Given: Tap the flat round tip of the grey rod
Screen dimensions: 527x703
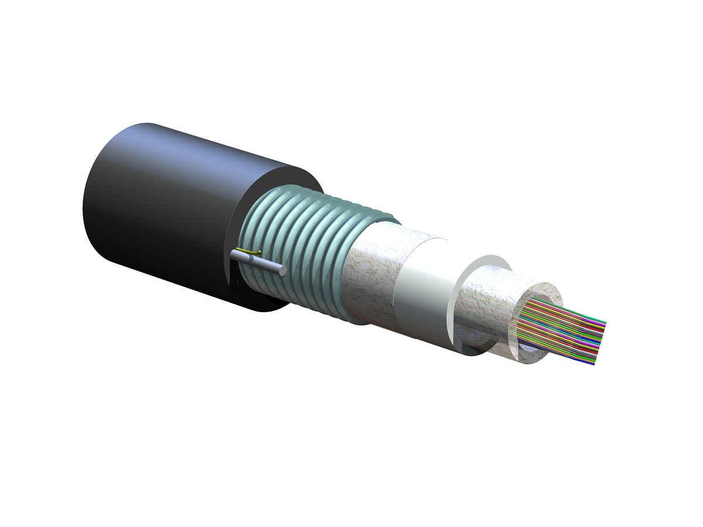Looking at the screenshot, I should point(282,271).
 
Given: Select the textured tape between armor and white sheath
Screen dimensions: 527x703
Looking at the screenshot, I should point(375,275).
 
